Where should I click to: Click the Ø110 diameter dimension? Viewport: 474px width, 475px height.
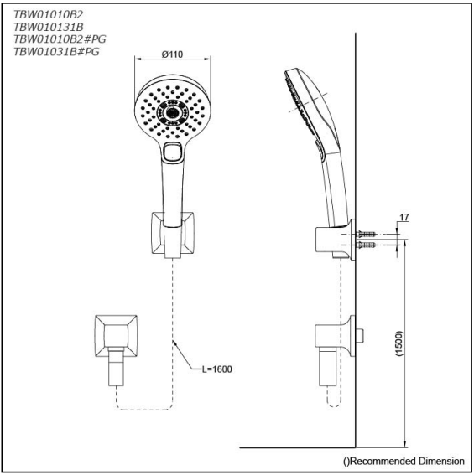[x=174, y=55]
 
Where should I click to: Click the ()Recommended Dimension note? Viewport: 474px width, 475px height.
[x=404, y=461]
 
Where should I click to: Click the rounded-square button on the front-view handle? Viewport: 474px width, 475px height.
[x=174, y=152]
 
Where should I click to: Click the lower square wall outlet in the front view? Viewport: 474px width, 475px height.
[x=113, y=334]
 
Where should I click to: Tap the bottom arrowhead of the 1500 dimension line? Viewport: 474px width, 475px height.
[x=405, y=444]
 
